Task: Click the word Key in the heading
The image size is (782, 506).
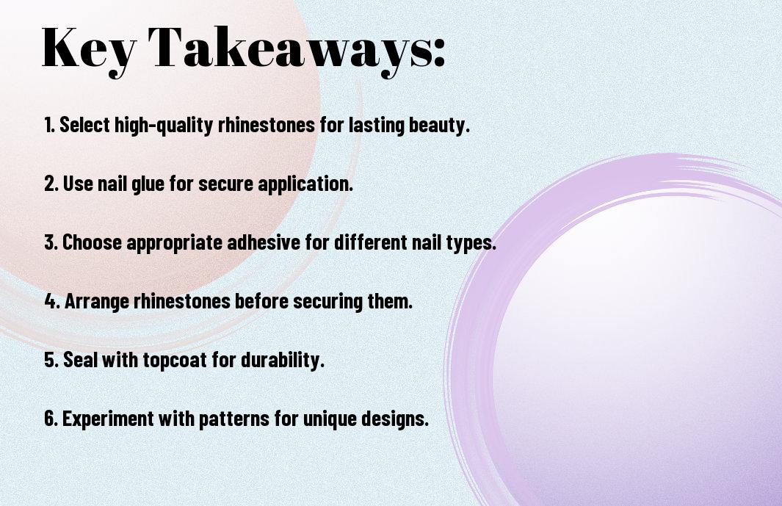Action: [x=89, y=50]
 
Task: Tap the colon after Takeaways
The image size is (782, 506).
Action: [x=439, y=53]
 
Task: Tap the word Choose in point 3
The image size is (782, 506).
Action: [x=93, y=242]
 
